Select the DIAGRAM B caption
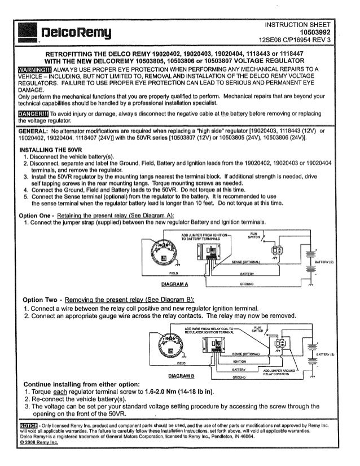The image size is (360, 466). [x=177, y=375]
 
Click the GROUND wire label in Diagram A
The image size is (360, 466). [x=250, y=283]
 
